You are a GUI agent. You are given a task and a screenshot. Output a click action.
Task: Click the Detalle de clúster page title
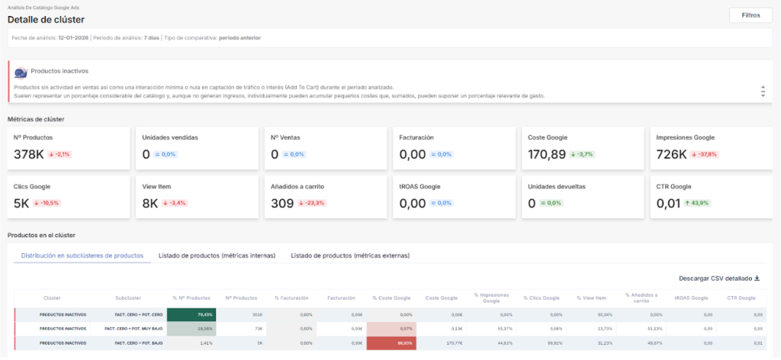coord(46,19)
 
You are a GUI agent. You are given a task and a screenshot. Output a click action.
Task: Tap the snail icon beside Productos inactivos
coord(21,72)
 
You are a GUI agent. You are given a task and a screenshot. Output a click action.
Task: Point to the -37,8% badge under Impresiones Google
coord(704,154)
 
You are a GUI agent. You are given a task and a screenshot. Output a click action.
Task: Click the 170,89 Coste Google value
coord(547,154)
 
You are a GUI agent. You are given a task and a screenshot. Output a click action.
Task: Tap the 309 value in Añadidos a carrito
coord(282,204)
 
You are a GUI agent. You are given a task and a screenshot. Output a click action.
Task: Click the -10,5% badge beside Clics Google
coord(46,204)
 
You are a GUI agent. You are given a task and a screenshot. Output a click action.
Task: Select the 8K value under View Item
coord(150,204)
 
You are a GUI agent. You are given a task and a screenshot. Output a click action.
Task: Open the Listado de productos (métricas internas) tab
coord(217,256)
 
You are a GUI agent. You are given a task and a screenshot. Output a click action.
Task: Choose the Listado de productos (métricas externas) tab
coord(350,256)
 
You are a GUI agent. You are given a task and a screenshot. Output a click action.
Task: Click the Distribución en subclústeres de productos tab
coord(82,256)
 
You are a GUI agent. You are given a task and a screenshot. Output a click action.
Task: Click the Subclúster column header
coord(127,298)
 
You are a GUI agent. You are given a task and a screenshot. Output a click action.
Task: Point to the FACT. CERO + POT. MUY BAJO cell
coord(127,329)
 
